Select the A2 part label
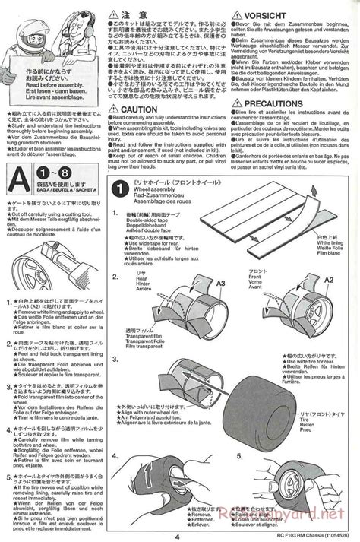click(x=329, y=280)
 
